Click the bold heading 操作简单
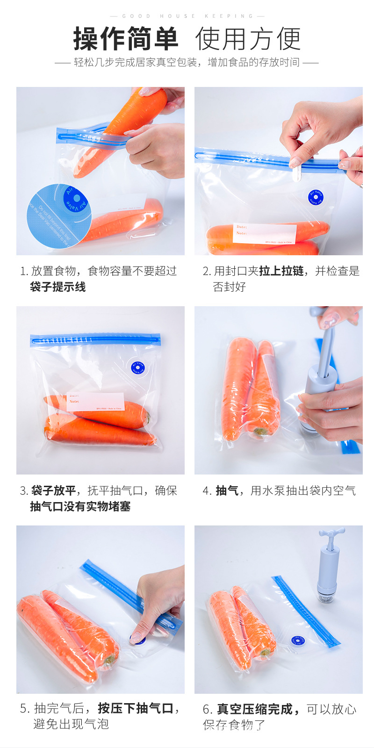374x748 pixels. tap(125, 39)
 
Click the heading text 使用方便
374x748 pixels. tap(248, 39)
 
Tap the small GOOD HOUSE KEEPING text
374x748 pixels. tap(187, 16)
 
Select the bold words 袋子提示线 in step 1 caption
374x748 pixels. tap(58, 287)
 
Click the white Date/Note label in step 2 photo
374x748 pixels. tap(264, 233)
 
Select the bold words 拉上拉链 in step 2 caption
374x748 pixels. tap(281, 271)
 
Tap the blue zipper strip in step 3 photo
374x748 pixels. tap(95, 339)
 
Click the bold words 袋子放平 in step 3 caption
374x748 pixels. tap(53, 490)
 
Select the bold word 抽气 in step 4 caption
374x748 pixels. tap(227, 490)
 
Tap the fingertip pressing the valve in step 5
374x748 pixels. tap(136, 637)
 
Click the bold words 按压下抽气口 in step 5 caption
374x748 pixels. tap(136, 708)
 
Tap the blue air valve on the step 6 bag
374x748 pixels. tap(297, 640)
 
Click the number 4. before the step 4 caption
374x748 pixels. tap(207, 491)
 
